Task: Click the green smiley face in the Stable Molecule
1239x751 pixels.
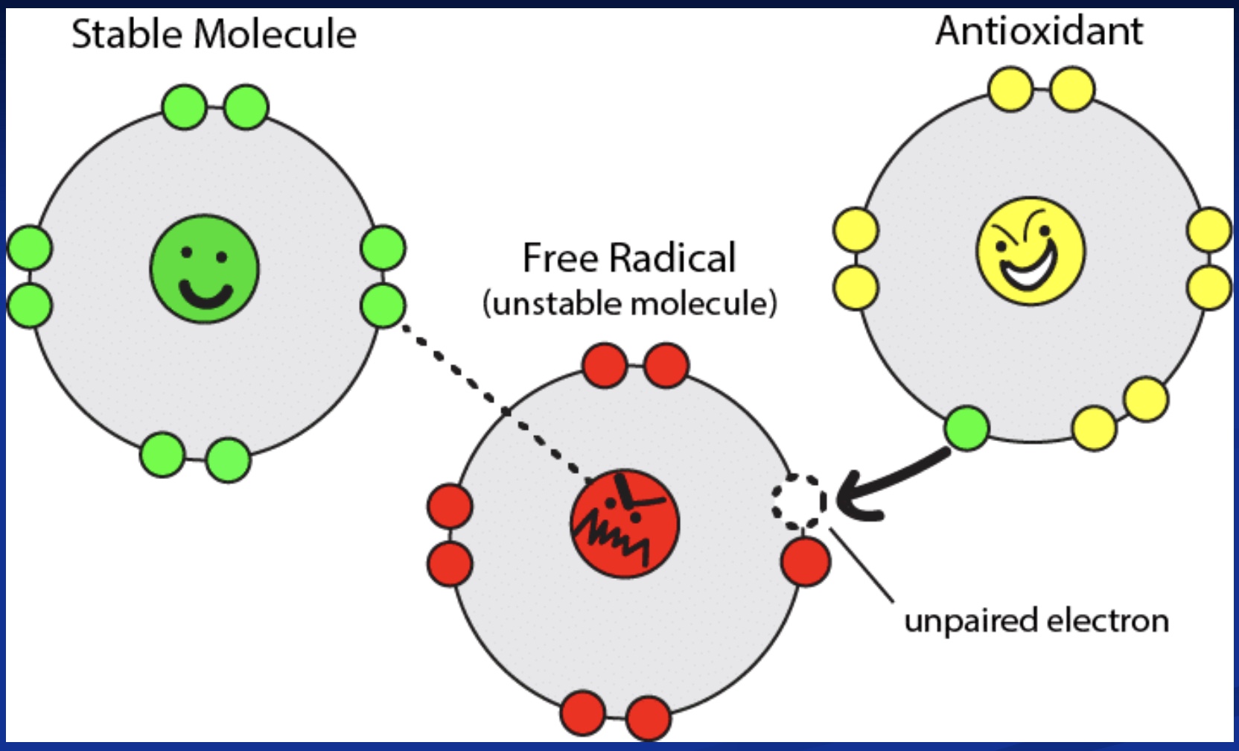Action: tap(205, 269)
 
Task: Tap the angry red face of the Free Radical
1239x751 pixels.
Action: tap(625, 524)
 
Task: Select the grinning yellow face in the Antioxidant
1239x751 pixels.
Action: tap(1031, 251)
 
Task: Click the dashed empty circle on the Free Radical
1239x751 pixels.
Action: tap(799, 501)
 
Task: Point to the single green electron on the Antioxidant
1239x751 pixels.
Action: tap(966, 428)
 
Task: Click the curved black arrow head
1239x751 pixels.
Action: tap(853, 499)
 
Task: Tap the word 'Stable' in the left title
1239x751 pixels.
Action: tap(127, 34)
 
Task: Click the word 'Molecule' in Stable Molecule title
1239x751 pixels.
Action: tap(275, 34)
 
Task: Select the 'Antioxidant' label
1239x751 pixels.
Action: tap(1039, 31)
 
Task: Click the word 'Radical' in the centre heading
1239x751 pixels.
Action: tap(672, 258)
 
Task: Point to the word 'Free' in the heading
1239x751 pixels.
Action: tap(560, 258)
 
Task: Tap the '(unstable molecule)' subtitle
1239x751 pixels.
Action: tap(629, 303)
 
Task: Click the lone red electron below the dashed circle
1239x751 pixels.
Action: tap(806, 562)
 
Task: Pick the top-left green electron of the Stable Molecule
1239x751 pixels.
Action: tap(184, 107)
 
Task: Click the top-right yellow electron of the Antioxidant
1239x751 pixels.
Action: tap(1072, 89)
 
